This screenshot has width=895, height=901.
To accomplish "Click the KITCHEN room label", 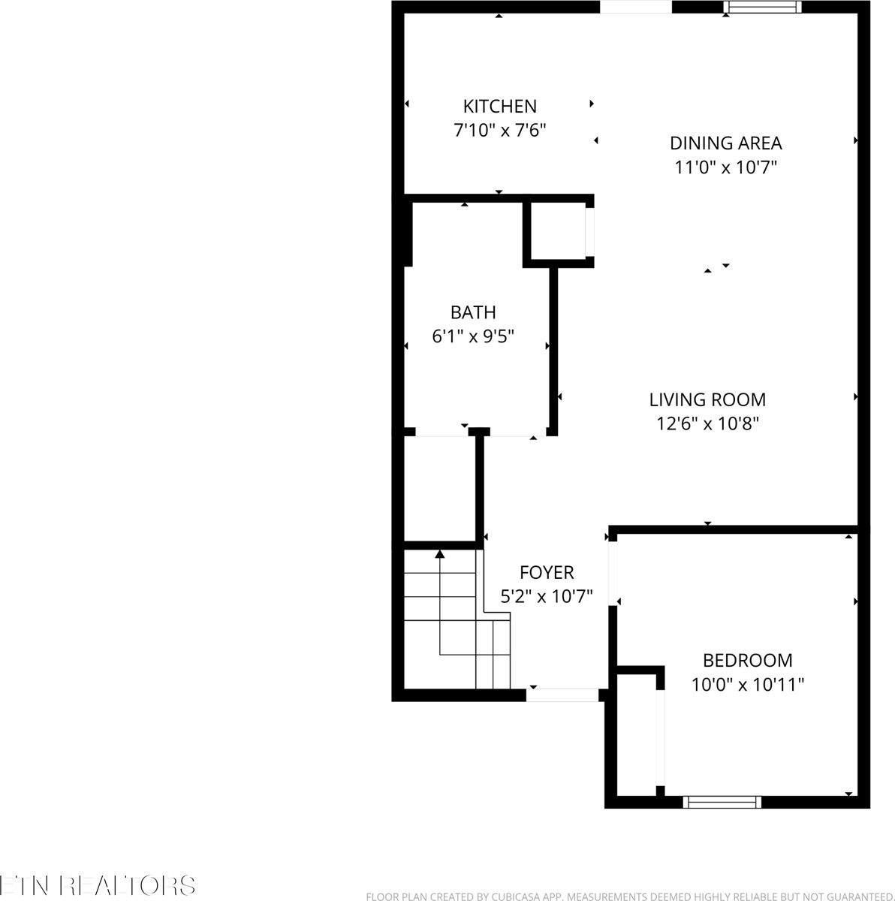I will [x=499, y=106].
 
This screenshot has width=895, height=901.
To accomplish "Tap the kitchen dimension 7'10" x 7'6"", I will [x=499, y=130].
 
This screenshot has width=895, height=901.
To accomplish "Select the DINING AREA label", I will [x=725, y=143].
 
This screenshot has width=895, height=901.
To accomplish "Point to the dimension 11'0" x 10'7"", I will [x=725, y=167].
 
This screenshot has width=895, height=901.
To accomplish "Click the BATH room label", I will [x=473, y=312].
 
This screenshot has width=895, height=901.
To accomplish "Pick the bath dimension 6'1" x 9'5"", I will [x=473, y=336].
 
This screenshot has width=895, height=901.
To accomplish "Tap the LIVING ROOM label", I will [x=707, y=399].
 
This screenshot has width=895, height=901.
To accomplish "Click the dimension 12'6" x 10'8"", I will [x=707, y=423].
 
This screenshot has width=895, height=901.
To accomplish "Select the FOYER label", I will [x=547, y=572].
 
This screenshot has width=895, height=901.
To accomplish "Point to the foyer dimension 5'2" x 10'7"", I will [x=547, y=596].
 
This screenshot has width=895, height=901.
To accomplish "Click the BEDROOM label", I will [x=747, y=660].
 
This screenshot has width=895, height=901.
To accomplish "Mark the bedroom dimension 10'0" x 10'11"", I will [x=747, y=684].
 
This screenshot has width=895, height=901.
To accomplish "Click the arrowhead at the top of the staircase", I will [x=439, y=554].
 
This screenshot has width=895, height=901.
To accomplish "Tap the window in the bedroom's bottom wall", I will [x=722, y=802].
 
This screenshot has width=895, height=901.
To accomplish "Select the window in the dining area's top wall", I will [x=762, y=7].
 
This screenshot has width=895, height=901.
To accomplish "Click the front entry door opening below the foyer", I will [x=562, y=695].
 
